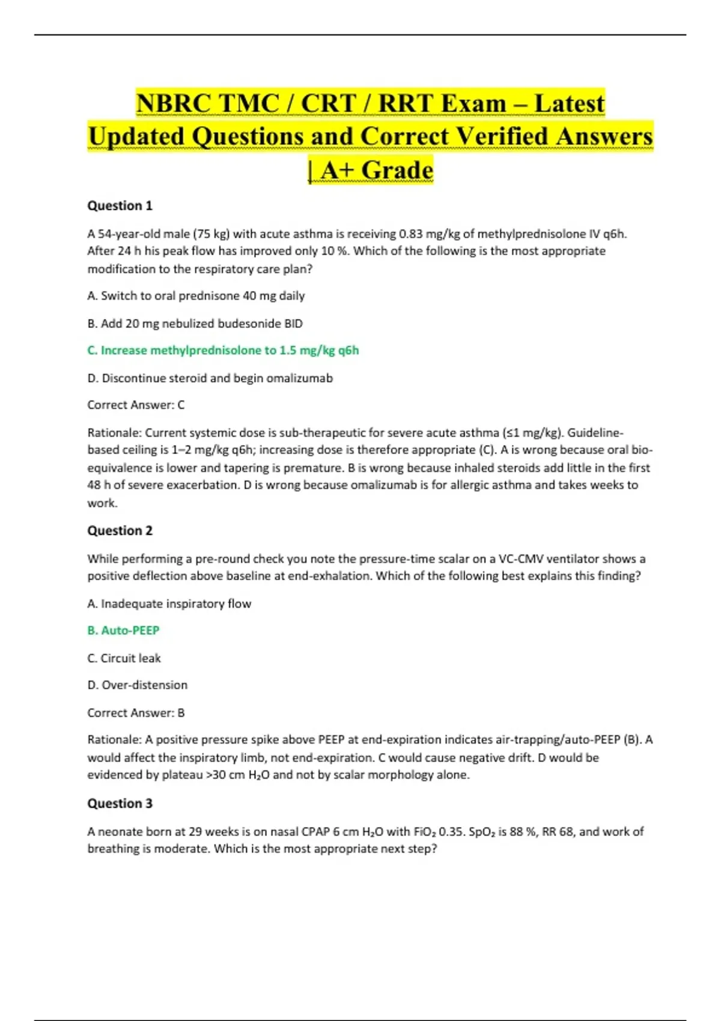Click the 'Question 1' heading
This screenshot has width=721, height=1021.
click(120, 205)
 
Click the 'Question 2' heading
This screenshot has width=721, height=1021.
click(120, 530)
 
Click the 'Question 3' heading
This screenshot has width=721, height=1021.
click(120, 803)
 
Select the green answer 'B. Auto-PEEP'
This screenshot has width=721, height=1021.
click(123, 630)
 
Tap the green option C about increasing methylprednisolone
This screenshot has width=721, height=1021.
click(223, 350)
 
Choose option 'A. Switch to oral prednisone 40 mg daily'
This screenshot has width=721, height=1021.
click(196, 295)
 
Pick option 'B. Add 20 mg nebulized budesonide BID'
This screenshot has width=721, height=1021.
click(195, 323)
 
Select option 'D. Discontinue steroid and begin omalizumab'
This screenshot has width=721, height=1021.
click(210, 378)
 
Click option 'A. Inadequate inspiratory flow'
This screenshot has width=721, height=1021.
click(169, 603)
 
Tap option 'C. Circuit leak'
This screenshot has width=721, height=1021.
click(124, 658)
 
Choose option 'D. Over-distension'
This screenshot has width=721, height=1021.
click(137, 685)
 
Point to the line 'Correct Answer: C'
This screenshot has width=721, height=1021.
click(136, 405)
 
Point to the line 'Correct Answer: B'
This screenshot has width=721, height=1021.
click(136, 712)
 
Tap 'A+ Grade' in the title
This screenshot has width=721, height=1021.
click(376, 170)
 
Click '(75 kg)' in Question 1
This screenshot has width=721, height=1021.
click(211, 234)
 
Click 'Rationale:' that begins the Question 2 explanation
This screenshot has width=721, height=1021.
click(114, 739)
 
